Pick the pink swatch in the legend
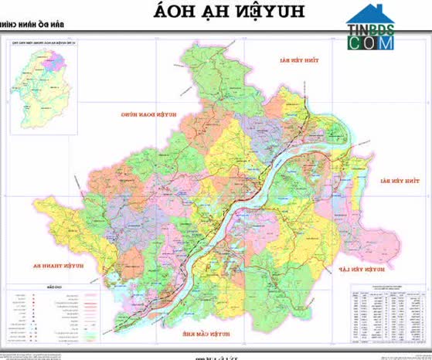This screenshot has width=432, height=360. point(90,296)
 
